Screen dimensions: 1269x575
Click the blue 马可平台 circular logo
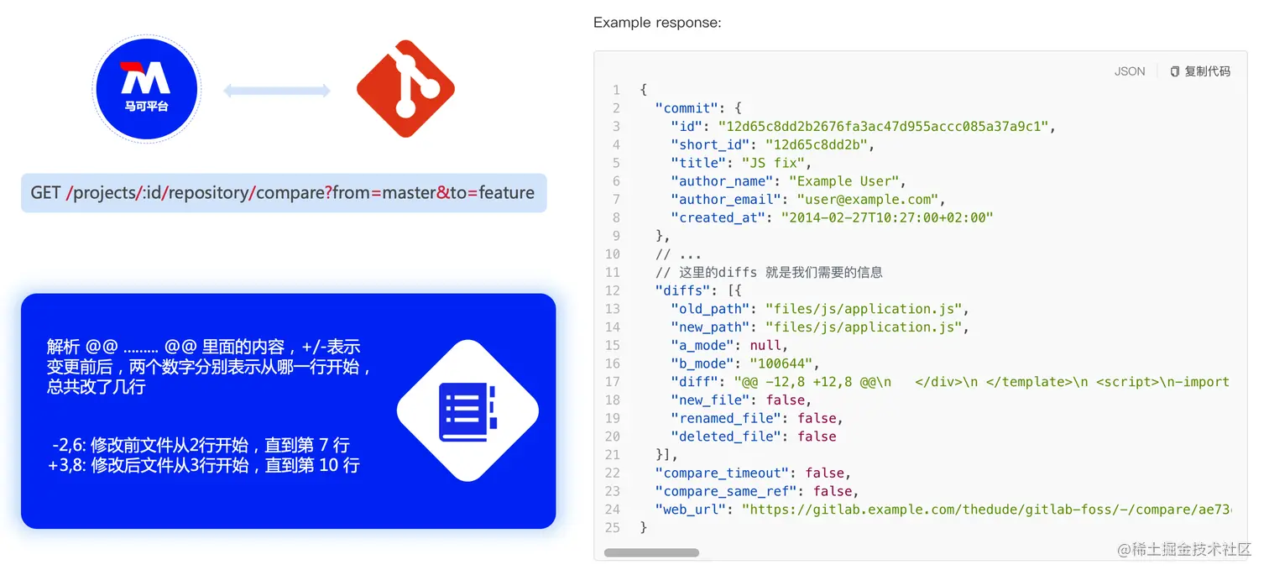[x=147, y=88]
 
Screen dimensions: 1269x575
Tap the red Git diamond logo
[x=405, y=89]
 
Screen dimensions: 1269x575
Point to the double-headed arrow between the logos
[x=277, y=91]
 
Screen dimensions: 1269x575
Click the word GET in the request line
[x=45, y=193]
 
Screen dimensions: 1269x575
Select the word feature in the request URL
[x=506, y=193]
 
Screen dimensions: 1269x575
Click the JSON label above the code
[x=1129, y=71]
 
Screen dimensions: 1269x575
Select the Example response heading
[x=656, y=23]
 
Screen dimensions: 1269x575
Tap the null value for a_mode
[x=768, y=345]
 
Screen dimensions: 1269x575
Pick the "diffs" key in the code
[x=683, y=290]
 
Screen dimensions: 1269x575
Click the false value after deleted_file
[x=817, y=436]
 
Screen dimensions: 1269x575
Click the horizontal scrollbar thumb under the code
[x=651, y=553]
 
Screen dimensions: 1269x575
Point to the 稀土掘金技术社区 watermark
[x=1183, y=550]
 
